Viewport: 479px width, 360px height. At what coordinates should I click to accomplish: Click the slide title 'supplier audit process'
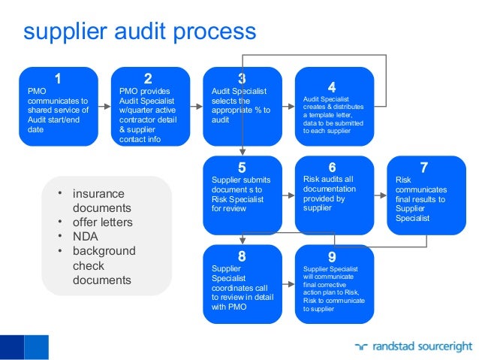[x=140, y=32]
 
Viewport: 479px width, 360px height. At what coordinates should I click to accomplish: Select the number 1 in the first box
[x=58, y=78]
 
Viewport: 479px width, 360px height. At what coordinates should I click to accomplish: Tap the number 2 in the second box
[x=148, y=78]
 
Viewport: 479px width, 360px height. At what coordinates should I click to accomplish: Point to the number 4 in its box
[x=332, y=86]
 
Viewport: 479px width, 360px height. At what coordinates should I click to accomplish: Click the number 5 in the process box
[x=242, y=168]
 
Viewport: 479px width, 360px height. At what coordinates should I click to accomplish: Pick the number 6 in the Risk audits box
[x=332, y=168]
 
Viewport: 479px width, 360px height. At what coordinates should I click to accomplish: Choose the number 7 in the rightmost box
[x=424, y=168]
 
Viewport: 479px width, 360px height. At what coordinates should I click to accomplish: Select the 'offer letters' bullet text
[x=102, y=222]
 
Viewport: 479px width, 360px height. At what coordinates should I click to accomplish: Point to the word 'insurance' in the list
[x=98, y=194]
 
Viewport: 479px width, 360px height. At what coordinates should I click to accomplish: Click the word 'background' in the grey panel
[x=104, y=251]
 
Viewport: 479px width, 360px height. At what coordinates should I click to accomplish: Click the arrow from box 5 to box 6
[x=289, y=195]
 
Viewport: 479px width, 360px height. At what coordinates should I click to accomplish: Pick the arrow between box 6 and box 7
[x=381, y=195]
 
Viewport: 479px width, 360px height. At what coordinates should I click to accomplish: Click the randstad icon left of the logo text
[x=363, y=346]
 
